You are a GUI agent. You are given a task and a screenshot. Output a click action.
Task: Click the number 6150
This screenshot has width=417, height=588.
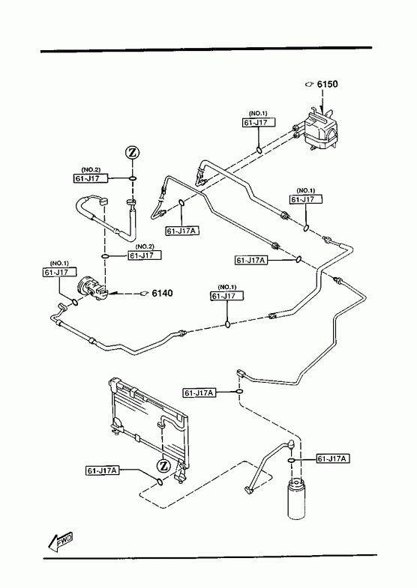pyautogui.click(x=327, y=84)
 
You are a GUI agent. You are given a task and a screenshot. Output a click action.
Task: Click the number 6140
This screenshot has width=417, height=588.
pyautogui.click(x=163, y=293)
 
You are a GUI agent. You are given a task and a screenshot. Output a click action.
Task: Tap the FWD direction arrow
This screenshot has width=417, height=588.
pyautogui.click(x=60, y=541)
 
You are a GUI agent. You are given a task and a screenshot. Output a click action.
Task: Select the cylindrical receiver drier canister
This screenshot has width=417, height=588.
pyautogui.click(x=296, y=499)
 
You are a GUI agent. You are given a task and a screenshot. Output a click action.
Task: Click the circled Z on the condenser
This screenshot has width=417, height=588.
pyautogui.click(x=163, y=466)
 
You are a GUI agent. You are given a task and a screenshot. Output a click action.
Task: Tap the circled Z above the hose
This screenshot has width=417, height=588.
pyautogui.click(x=132, y=153)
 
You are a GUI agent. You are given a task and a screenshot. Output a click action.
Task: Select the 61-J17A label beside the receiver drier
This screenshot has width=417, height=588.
pyautogui.click(x=333, y=458)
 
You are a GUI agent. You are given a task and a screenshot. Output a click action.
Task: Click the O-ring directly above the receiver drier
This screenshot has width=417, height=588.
pyautogui.click(x=292, y=460)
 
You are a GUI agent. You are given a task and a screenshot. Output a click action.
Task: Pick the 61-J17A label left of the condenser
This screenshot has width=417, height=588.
pyautogui.click(x=103, y=470)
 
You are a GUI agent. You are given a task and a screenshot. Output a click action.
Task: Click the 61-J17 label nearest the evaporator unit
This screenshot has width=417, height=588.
pyautogui.click(x=259, y=122)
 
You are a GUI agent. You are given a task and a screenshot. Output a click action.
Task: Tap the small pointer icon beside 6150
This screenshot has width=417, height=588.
pyautogui.click(x=309, y=84)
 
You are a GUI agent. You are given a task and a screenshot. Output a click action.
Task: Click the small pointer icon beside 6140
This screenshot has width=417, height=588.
pyautogui.click(x=144, y=293)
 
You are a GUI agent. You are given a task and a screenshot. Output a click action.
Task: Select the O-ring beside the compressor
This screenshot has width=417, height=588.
pyautogui.click(x=75, y=303)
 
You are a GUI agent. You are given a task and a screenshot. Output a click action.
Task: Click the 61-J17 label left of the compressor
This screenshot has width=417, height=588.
pyautogui.click(x=59, y=272)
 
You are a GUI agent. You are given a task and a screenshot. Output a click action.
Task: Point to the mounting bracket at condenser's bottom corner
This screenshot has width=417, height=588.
pyautogui.click(x=181, y=473)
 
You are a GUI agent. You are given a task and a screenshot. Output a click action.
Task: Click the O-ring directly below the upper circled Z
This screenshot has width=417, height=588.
pyautogui.click(x=133, y=178)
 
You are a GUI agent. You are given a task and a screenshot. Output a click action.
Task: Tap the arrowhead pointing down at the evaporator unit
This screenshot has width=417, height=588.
pyautogui.click(x=322, y=111)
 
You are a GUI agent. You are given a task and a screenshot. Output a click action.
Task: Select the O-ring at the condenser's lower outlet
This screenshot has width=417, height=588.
pyautogui.click(x=160, y=482)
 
